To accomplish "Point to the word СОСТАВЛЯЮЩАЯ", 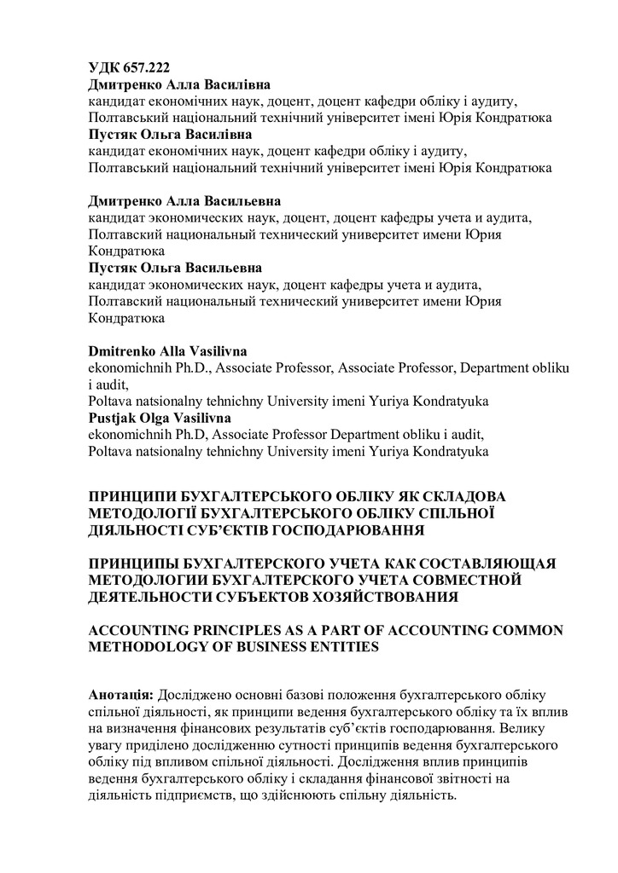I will pos(482,564).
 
